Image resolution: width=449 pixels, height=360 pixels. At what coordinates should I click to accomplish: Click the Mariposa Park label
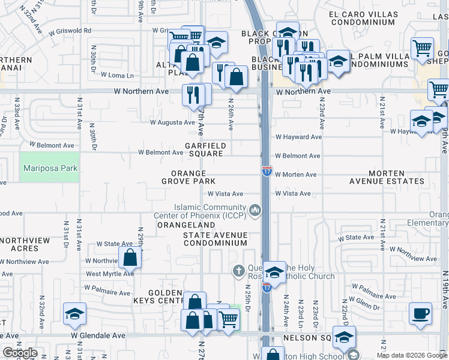point(50,168)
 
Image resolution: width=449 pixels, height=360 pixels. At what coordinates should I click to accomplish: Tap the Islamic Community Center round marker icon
point(256,210)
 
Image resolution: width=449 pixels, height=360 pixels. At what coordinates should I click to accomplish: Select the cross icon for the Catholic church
point(238,271)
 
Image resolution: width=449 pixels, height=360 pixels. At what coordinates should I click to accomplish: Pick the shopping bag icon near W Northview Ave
point(130,258)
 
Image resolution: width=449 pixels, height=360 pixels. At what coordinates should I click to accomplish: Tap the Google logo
point(20,353)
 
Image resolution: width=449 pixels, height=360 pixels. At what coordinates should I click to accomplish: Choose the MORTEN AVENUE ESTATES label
point(387,177)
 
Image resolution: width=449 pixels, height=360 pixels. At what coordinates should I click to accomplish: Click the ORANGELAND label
point(185,224)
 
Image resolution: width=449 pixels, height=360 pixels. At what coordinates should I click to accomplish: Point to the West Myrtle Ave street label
point(110,274)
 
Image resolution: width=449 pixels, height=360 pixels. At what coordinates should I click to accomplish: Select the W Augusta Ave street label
point(172,122)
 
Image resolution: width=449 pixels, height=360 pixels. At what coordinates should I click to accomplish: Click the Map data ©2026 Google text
point(412,355)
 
